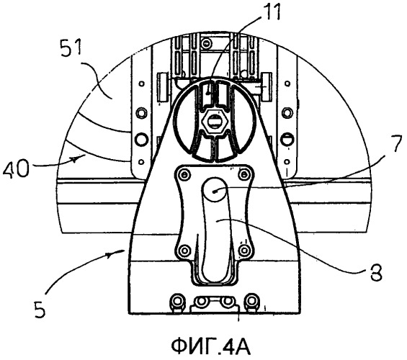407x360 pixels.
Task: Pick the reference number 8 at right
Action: coord(376,272)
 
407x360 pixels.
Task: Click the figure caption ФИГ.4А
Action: coord(211,347)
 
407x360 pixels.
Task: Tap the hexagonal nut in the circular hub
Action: coord(213,122)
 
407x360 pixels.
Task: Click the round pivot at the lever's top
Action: coord(215,191)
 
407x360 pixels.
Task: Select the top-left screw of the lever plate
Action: coord(185,174)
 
